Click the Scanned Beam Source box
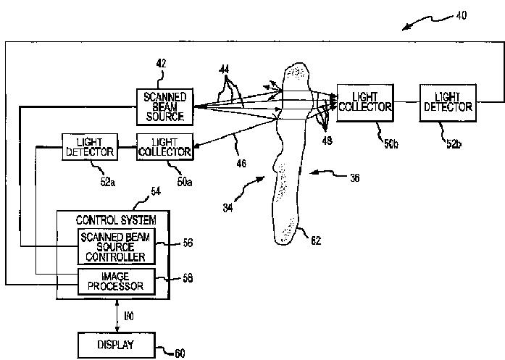(x=164, y=106)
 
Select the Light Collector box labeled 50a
(x=164, y=147)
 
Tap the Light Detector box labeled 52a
(x=90, y=147)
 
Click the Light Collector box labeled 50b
(x=365, y=103)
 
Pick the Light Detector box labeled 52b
(x=448, y=103)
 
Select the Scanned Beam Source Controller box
(x=116, y=247)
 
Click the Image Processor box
(x=116, y=282)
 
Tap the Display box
(x=116, y=345)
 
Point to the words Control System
(x=116, y=220)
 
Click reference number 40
(x=462, y=15)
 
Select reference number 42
(x=161, y=64)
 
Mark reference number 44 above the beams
(x=224, y=70)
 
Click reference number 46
(x=241, y=164)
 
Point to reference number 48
(x=327, y=141)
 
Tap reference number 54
(x=156, y=191)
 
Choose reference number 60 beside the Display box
(x=180, y=353)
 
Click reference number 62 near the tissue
(x=316, y=240)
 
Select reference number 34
(x=228, y=208)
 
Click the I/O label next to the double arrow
(x=129, y=317)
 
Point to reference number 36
(x=354, y=177)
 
